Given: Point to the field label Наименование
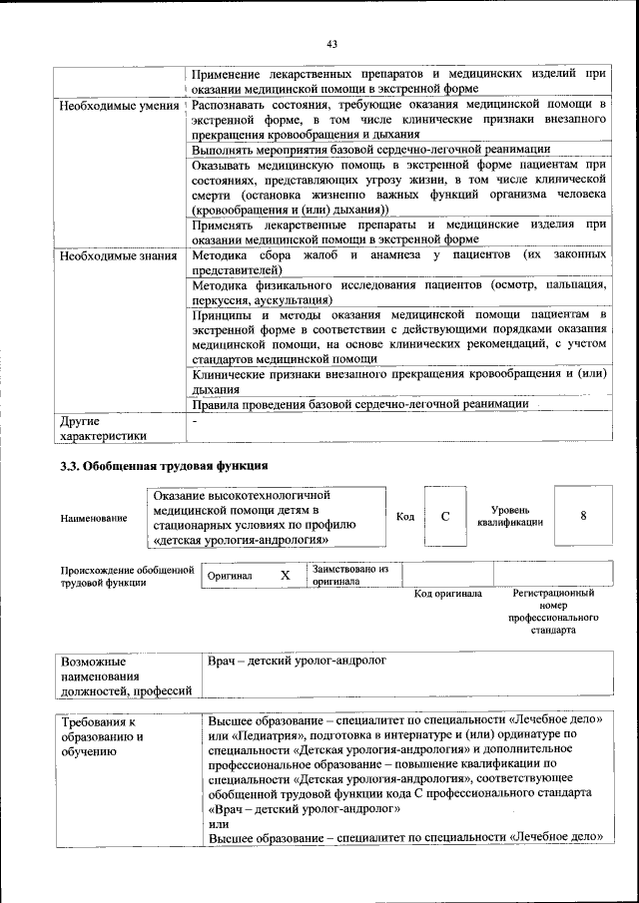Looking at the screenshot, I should (94, 518).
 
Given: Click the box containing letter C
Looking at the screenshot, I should (445, 516).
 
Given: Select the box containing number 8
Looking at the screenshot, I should (583, 516).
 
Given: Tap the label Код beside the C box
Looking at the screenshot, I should (404, 517).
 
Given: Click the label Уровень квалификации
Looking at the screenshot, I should (510, 516).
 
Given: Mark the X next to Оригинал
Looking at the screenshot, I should (285, 576).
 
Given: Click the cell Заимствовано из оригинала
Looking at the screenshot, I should (349, 575).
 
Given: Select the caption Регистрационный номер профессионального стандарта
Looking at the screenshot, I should (552, 612).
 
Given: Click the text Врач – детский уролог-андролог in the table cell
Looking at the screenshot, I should (297, 661).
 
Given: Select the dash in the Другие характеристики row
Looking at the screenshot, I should (195, 422).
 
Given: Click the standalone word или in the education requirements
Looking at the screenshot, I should (218, 823).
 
